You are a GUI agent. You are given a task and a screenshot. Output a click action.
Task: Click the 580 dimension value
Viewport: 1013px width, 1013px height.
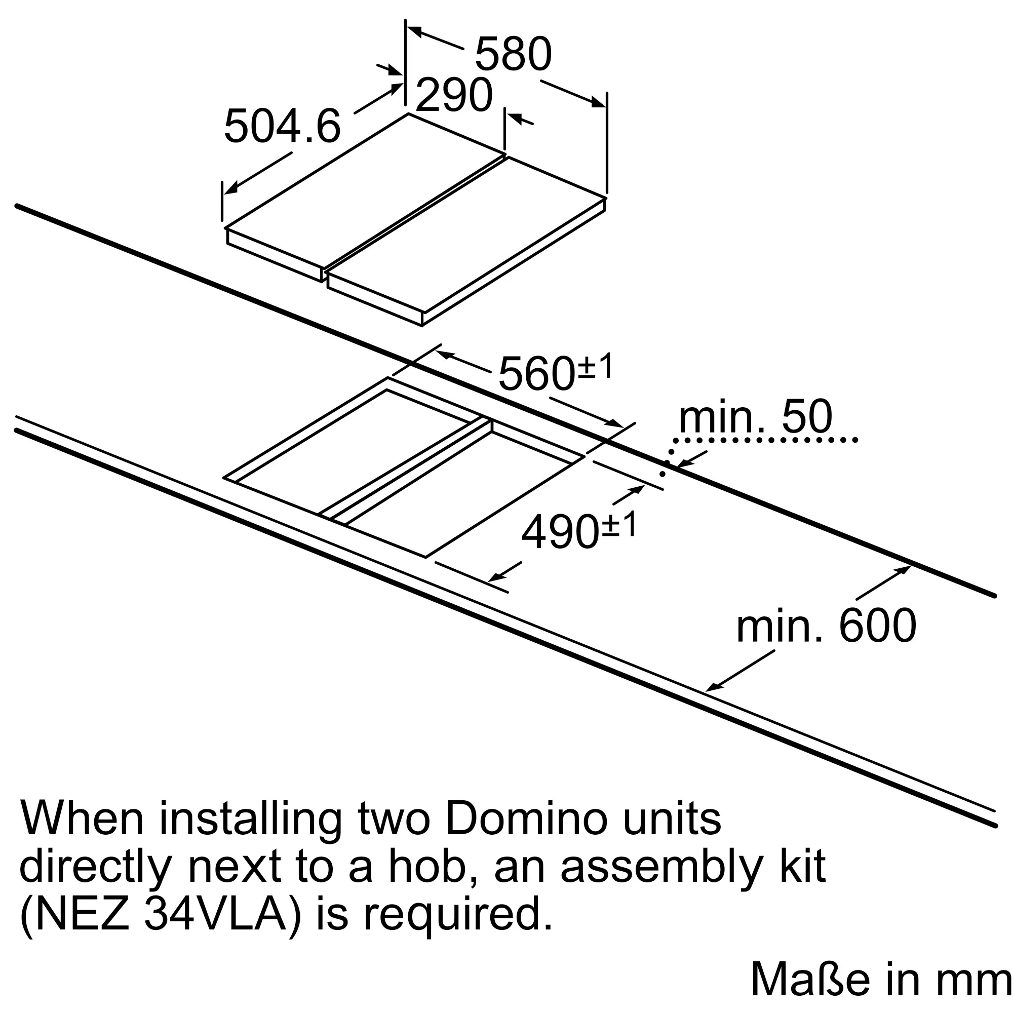click(513, 54)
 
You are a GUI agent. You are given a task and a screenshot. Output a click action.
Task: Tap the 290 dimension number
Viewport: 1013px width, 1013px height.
click(454, 95)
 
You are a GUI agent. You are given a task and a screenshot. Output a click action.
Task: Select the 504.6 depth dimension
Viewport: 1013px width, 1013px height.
click(283, 126)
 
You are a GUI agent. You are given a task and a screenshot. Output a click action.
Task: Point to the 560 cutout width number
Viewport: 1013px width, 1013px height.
click(537, 373)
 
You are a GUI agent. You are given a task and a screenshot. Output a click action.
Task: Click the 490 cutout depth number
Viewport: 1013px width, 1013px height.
click(561, 532)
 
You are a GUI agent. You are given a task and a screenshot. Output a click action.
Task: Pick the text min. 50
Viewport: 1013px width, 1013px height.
click(756, 417)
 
